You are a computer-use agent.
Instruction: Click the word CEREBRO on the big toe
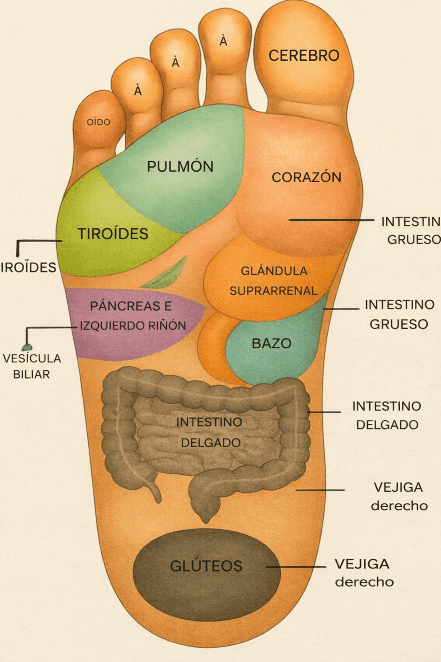click(304, 56)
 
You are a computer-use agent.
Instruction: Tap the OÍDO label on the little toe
click(99, 122)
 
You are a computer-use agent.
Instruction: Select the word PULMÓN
click(180, 166)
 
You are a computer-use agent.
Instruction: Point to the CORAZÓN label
click(306, 177)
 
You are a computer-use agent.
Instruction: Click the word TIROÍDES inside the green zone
click(113, 234)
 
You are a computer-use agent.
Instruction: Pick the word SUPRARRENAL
click(273, 291)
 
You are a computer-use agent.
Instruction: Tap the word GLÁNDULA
click(274, 271)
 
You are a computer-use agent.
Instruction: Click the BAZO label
click(271, 343)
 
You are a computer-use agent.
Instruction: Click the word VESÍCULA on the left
click(32, 358)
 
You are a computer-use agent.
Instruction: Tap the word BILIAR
click(31, 374)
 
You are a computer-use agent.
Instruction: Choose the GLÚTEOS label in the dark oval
click(206, 566)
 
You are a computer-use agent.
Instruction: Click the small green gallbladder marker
click(27, 347)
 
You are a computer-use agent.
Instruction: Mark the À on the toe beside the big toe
click(223, 41)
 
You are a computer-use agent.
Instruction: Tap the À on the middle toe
click(175, 62)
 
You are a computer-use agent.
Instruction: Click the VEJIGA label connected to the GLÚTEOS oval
click(362, 564)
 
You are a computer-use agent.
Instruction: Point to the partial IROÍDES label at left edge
click(28, 267)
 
